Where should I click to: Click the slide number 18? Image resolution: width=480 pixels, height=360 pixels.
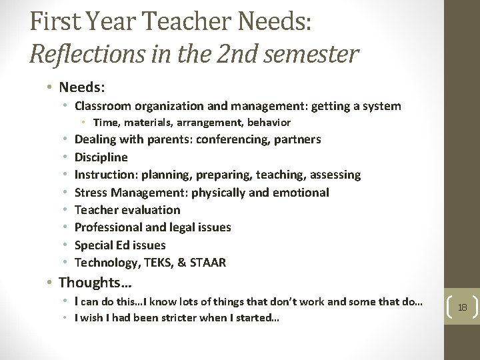[463, 307]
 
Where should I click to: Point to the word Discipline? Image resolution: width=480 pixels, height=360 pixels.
[101, 157]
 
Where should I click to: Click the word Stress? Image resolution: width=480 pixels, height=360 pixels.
[92, 193]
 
